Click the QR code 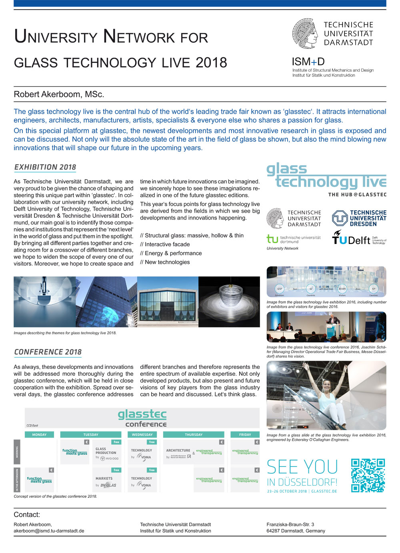pos(368,475)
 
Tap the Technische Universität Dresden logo pos(359,218)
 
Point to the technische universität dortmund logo pos(294,239)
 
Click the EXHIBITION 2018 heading pos(45,167)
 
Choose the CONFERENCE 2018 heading pos(48,352)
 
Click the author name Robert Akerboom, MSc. pos(59,95)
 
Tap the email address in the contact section pos(49,531)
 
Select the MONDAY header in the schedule pos(39,434)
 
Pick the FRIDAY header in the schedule pos(245,434)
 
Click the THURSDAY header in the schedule pos(194,434)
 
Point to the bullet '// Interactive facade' pos(165,244)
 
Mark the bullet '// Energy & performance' pos(171,253)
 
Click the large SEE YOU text pos(302,467)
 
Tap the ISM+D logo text pos(308,62)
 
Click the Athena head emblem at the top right pos(304,34)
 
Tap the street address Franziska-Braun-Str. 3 pos(290,524)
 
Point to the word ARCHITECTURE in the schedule pos(178,450)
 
